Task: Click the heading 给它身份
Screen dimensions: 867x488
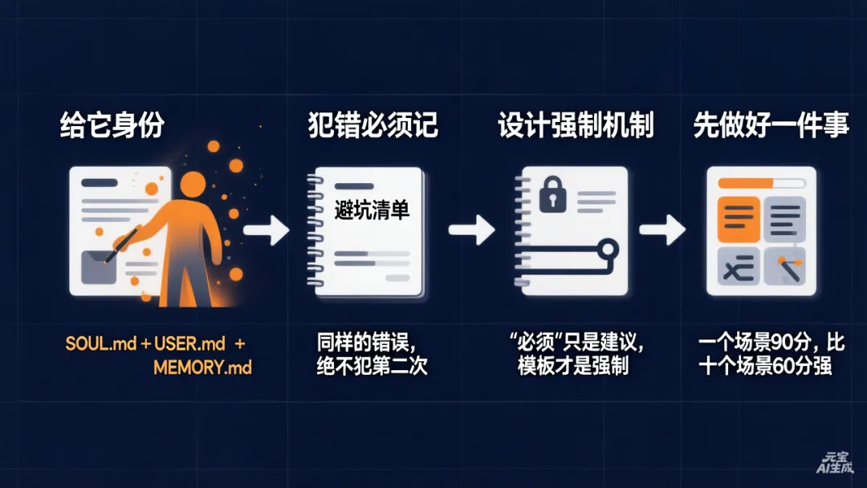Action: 112,126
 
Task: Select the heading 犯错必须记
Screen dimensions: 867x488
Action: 373,126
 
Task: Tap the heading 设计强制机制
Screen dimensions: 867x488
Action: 576,126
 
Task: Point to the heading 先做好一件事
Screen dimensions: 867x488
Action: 771,126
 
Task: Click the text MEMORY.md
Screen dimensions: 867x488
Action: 202,368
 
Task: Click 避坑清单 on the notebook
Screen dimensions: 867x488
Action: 372,210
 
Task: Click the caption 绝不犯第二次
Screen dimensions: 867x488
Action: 372,367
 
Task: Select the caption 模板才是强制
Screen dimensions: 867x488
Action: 573,367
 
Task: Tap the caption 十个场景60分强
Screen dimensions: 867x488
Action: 764,367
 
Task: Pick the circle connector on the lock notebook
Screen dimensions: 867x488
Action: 608,249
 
